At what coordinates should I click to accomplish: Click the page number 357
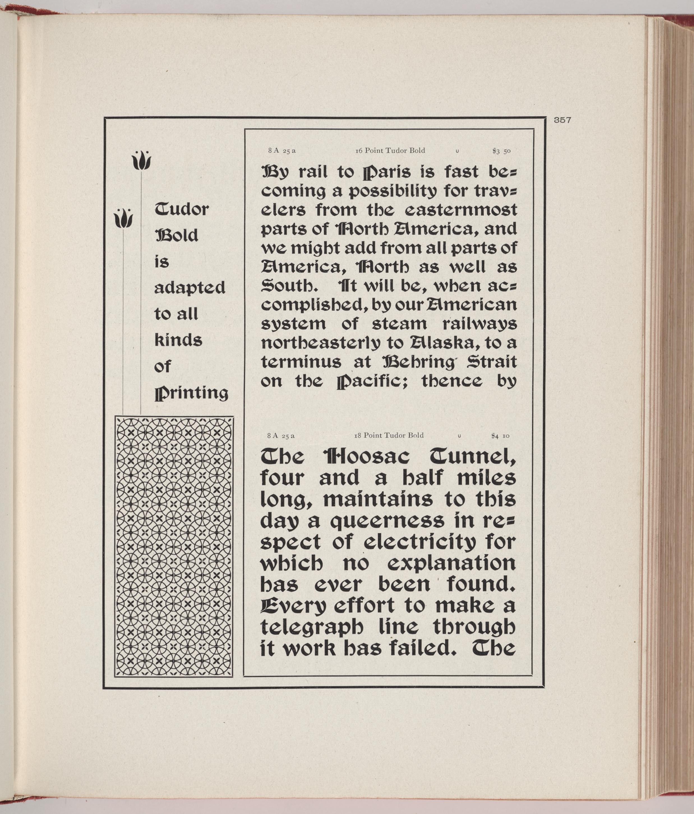[562, 120]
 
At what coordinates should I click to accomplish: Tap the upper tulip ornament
[141, 160]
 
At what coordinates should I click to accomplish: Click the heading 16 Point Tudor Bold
[390, 150]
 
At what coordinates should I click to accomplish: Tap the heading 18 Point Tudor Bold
[389, 435]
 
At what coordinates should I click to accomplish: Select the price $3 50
[501, 151]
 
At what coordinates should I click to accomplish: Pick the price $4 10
[500, 436]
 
